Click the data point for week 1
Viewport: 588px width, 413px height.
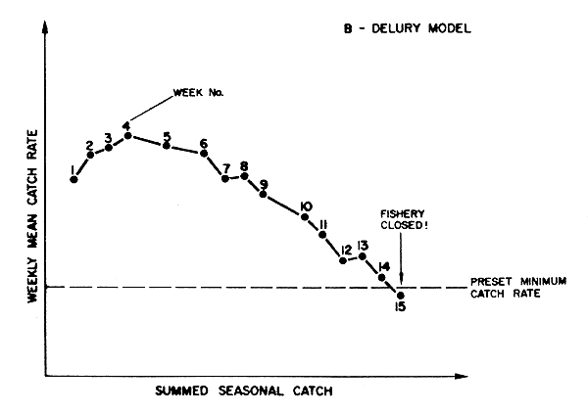click(73, 180)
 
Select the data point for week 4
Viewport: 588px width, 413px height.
click(128, 136)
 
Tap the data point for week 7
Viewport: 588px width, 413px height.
click(225, 178)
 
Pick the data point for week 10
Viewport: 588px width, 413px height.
click(305, 216)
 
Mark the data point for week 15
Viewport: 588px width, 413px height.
click(401, 295)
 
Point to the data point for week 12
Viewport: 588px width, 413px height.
click(343, 260)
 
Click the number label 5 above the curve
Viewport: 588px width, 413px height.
click(167, 136)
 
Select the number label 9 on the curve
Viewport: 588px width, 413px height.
click(264, 183)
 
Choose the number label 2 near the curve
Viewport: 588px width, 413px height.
click(89, 144)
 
